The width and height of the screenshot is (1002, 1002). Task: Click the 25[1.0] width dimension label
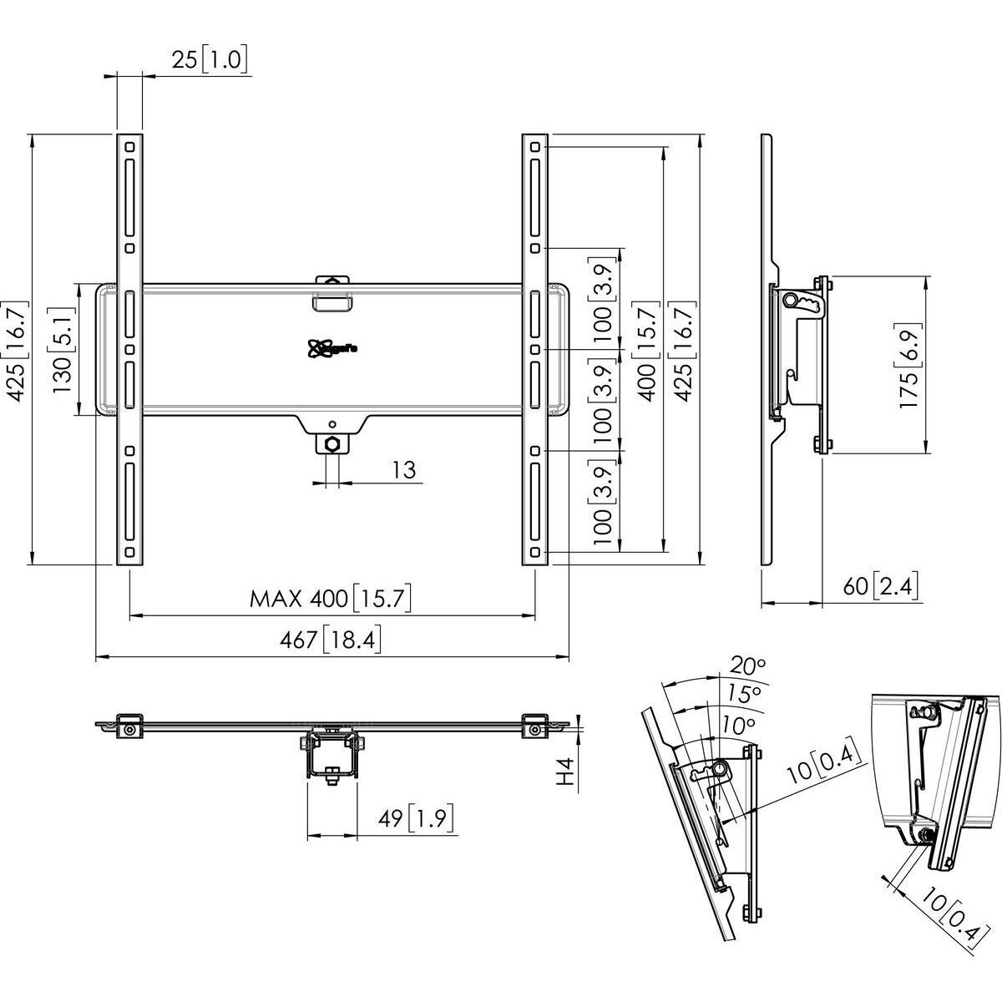[210, 61]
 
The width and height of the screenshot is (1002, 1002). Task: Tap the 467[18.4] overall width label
[331, 640]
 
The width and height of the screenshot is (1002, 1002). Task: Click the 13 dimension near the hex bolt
[404, 469]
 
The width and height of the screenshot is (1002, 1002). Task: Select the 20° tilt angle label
[748, 665]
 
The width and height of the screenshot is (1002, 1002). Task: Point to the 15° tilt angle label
[742, 693]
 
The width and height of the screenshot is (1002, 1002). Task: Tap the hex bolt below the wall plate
[333, 443]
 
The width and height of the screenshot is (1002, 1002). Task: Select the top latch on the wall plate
[333, 294]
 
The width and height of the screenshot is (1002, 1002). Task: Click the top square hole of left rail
[129, 147]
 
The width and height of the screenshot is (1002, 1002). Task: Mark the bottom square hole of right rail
[534, 553]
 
